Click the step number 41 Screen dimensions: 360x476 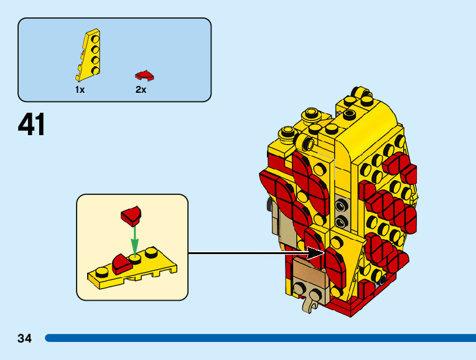(x=32, y=125)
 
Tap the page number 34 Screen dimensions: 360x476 (x=25, y=338)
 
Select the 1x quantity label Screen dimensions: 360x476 (x=80, y=90)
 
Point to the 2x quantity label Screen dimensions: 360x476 (x=141, y=90)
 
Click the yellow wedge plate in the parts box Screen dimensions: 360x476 (x=88, y=55)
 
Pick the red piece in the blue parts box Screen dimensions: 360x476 (x=144, y=75)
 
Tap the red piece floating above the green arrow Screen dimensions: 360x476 (x=132, y=216)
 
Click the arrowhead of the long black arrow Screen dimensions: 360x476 (x=318, y=253)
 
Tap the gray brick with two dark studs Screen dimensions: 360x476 (x=340, y=212)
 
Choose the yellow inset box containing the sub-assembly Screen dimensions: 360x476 (x=132, y=247)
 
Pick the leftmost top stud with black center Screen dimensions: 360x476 (x=287, y=131)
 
